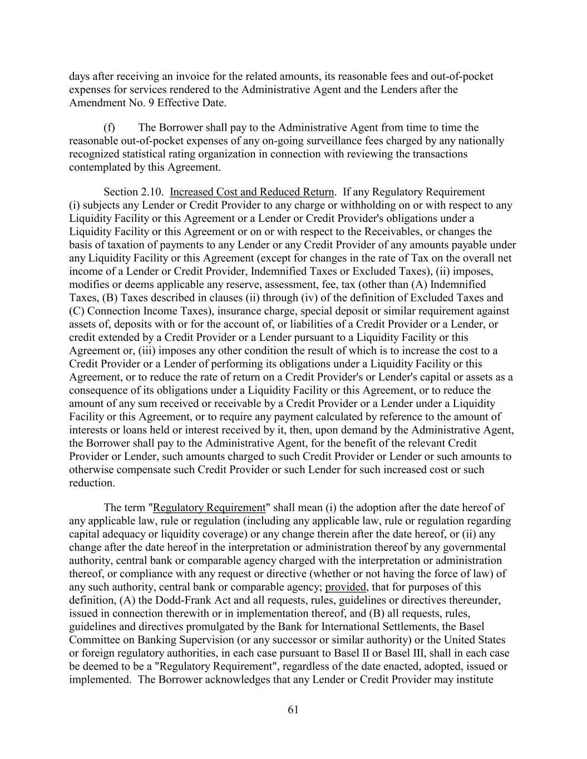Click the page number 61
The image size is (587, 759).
294,710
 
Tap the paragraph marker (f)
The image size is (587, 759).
110,128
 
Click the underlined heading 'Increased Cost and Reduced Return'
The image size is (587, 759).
251,192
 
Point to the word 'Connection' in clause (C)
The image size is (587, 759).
112,311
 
